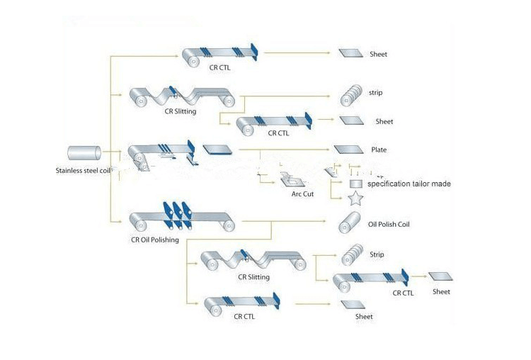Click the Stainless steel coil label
click(x=81, y=171)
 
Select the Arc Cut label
click(x=302, y=193)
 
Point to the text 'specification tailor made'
click(x=409, y=184)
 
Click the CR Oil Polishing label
click(x=154, y=240)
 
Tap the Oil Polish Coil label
click(x=389, y=224)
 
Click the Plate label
click(x=379, y=150)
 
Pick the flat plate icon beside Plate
click(x=348, y=150)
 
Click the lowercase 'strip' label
click(x=375, y=93)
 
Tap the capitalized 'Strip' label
click(x=377, y=253)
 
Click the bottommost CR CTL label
click(x=244, y=317)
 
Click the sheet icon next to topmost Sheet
click(x=350, y=53)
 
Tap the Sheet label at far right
click(x=441, y=291)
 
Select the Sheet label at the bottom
click(x=364, y=316)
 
